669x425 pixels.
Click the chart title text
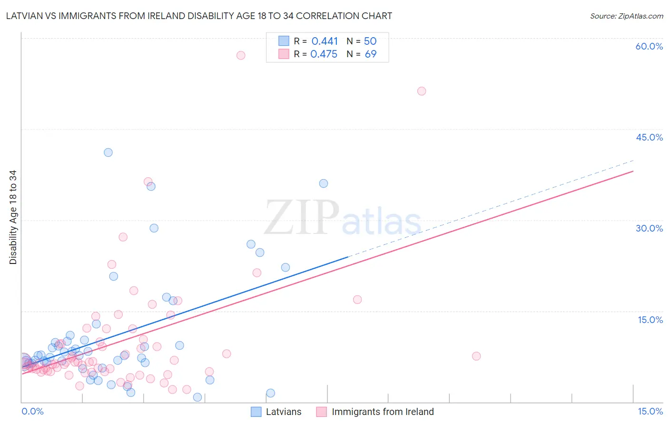pyautogui.click(x=199, y=16)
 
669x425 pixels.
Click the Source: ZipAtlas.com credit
pyautogui.click(x=626, y=16)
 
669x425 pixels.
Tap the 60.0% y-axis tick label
pyautogui.click(x=649, y=46)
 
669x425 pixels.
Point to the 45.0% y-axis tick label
pyautogui.click(x=649, y=137)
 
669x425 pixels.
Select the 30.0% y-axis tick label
pyautogui.click(x=649, y=228)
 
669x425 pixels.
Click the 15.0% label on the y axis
pyautogui.click(x=650, y=320)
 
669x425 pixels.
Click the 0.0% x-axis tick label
pyautogui.click(x=32, y=411)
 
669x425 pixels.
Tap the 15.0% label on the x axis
pyautogui.click(x=650, y=411)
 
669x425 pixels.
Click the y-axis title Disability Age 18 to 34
pyautogui.click(x=13, y=217)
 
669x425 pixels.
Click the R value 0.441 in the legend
pyautogui.click(x=325, y=41)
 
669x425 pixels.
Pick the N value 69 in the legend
pyautogui.click(x=370, y=54)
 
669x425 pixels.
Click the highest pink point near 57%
pyautogui.click(x=241, y=55)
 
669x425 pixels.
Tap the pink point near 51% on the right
pyautogui.click(x=422, y=91)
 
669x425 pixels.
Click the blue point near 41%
pyautogui.click(x=108, y=152)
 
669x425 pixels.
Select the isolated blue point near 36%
pyautogui.click(x=324, y=183)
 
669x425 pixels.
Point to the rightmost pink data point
pyautogui.click(x=476, y=356)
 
